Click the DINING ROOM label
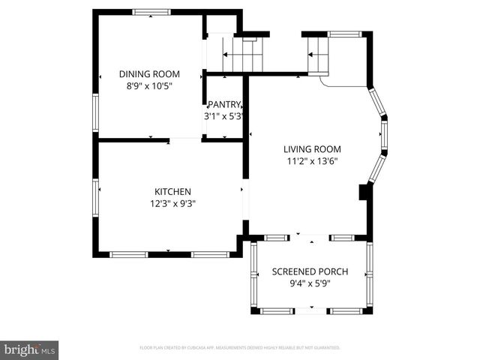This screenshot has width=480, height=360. [150, 73]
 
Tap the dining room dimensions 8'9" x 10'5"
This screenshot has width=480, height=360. [150, 85]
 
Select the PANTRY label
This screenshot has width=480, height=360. [224, 104]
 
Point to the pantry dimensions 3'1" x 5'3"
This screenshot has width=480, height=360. [224, 116]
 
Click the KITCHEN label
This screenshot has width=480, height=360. [172, 191]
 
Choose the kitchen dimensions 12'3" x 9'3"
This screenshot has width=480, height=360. [172, 203]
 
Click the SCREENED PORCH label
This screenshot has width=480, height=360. [309, 271]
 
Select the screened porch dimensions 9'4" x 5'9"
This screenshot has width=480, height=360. [309, 283]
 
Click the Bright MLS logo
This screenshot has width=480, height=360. [30, 349]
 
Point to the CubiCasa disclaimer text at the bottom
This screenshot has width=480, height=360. [240, 348]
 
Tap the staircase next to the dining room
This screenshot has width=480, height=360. [244, 54]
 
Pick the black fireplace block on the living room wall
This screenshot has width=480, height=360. [364, 193]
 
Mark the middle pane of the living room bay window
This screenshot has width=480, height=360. [385, 136]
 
